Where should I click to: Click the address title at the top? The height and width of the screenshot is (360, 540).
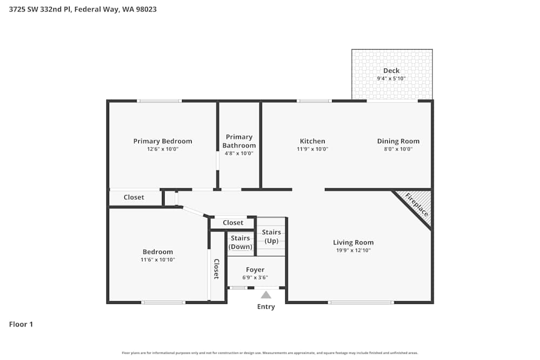83,9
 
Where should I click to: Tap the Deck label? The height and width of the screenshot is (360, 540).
391,71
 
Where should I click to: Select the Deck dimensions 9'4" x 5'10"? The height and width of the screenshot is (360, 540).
391,79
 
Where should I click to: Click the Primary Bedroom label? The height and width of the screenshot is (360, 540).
163,141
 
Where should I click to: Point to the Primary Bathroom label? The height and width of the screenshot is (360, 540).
239,141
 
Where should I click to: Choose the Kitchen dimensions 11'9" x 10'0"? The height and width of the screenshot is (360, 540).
313,150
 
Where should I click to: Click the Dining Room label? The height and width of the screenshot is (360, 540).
398,141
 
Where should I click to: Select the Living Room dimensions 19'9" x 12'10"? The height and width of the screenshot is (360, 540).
353,250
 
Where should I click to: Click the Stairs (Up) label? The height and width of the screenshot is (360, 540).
271,236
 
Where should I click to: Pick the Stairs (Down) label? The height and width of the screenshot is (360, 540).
240,242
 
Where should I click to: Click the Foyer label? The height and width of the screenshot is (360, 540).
255,270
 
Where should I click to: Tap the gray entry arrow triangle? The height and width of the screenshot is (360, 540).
266,295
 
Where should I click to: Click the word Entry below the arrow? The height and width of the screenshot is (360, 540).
266,307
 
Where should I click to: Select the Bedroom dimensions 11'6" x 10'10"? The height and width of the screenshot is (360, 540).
158,260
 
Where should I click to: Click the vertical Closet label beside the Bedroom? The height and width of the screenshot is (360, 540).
217,269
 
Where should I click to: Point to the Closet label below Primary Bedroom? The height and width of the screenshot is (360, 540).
134,198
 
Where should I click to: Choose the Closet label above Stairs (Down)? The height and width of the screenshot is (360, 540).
233,223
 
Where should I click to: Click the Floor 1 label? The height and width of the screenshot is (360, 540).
21,324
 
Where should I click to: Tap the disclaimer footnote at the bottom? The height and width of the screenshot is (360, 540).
270,353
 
